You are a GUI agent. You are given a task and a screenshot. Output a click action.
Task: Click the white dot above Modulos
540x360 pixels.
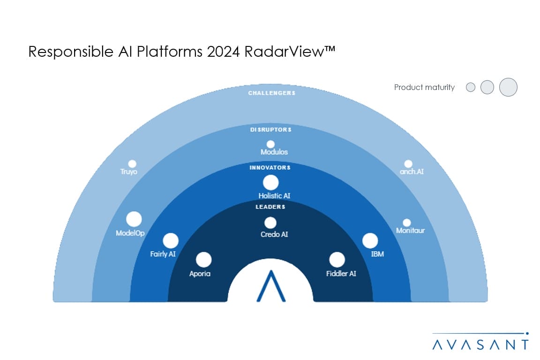click(270, 144)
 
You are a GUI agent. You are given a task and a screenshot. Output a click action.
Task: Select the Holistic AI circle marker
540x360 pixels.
click(270, 183)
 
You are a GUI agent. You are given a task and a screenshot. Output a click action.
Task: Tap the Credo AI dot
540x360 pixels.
click(270, 223)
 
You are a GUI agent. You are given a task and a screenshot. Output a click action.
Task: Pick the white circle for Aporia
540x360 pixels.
click(203, 260)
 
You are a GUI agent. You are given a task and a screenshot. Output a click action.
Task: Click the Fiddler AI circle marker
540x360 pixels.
click(337, 260)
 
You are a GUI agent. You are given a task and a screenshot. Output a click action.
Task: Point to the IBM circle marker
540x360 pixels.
click(370, 240)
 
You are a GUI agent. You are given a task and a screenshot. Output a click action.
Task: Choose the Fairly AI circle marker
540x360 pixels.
click(171, 240)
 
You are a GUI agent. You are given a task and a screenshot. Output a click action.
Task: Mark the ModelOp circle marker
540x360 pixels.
click(134, 219)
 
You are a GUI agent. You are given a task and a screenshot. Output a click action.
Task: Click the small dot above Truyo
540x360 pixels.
click(132, 164)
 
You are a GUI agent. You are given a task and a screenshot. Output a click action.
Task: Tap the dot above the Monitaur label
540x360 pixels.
click(407, 223)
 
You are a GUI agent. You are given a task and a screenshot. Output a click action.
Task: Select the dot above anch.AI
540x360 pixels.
click(408, 164)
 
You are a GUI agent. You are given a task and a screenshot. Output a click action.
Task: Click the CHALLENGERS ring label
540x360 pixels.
click(272, 93)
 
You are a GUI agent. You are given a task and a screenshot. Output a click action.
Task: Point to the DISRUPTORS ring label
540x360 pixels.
click(270, 129)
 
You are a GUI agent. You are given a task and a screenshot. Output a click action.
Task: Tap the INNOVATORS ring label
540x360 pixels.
click(270, 167)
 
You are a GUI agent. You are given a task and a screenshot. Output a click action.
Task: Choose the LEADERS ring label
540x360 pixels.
click(270, 207)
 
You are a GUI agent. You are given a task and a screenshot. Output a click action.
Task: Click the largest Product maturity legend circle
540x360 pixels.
click(508, 87)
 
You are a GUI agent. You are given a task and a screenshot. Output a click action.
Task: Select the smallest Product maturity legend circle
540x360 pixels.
click(471, 87)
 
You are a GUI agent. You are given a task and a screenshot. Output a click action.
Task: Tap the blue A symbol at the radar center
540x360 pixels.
click(271, 286)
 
